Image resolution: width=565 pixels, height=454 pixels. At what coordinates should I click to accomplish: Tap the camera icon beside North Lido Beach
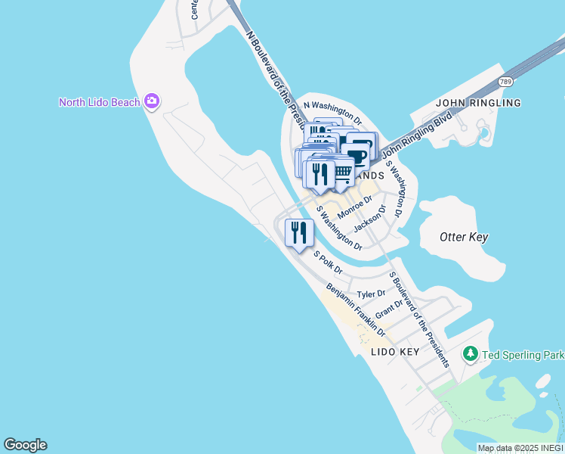153,101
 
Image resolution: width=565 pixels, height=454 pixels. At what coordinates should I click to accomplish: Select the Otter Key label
464,237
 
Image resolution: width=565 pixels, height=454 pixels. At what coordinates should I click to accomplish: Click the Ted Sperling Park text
523,354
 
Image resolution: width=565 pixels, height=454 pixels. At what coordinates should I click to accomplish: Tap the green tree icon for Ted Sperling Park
471,353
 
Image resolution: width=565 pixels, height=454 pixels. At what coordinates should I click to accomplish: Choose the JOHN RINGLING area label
478,102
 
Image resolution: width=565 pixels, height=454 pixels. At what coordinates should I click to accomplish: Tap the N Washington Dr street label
332,112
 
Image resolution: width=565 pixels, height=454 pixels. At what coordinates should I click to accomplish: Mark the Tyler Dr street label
371,294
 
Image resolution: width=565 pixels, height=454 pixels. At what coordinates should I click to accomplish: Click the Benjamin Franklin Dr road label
355,310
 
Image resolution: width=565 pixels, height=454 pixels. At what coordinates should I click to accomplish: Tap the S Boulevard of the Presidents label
418,319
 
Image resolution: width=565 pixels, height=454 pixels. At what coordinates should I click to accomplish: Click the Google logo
25,445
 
